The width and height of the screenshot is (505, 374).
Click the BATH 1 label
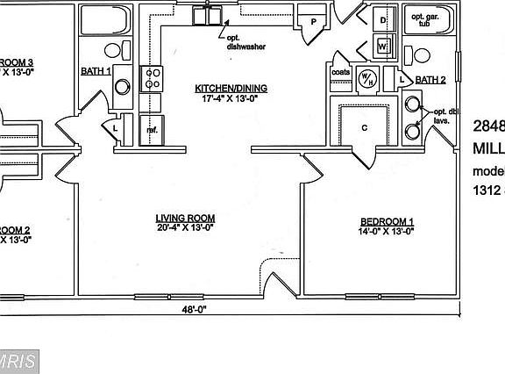[96, 71]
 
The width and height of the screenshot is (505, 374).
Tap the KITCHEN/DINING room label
[231, 89]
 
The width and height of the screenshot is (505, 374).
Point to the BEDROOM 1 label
[387, 220]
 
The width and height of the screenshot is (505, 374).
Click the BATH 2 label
[430, 80]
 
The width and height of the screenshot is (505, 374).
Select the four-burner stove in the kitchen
[153, 79]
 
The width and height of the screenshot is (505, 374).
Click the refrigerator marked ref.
[153, 129]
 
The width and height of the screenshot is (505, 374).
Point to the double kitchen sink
[208, 16]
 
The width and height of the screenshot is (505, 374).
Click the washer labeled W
[383, 46]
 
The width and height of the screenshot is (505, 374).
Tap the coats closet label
[341, 72]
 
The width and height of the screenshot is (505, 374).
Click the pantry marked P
[313, 22]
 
